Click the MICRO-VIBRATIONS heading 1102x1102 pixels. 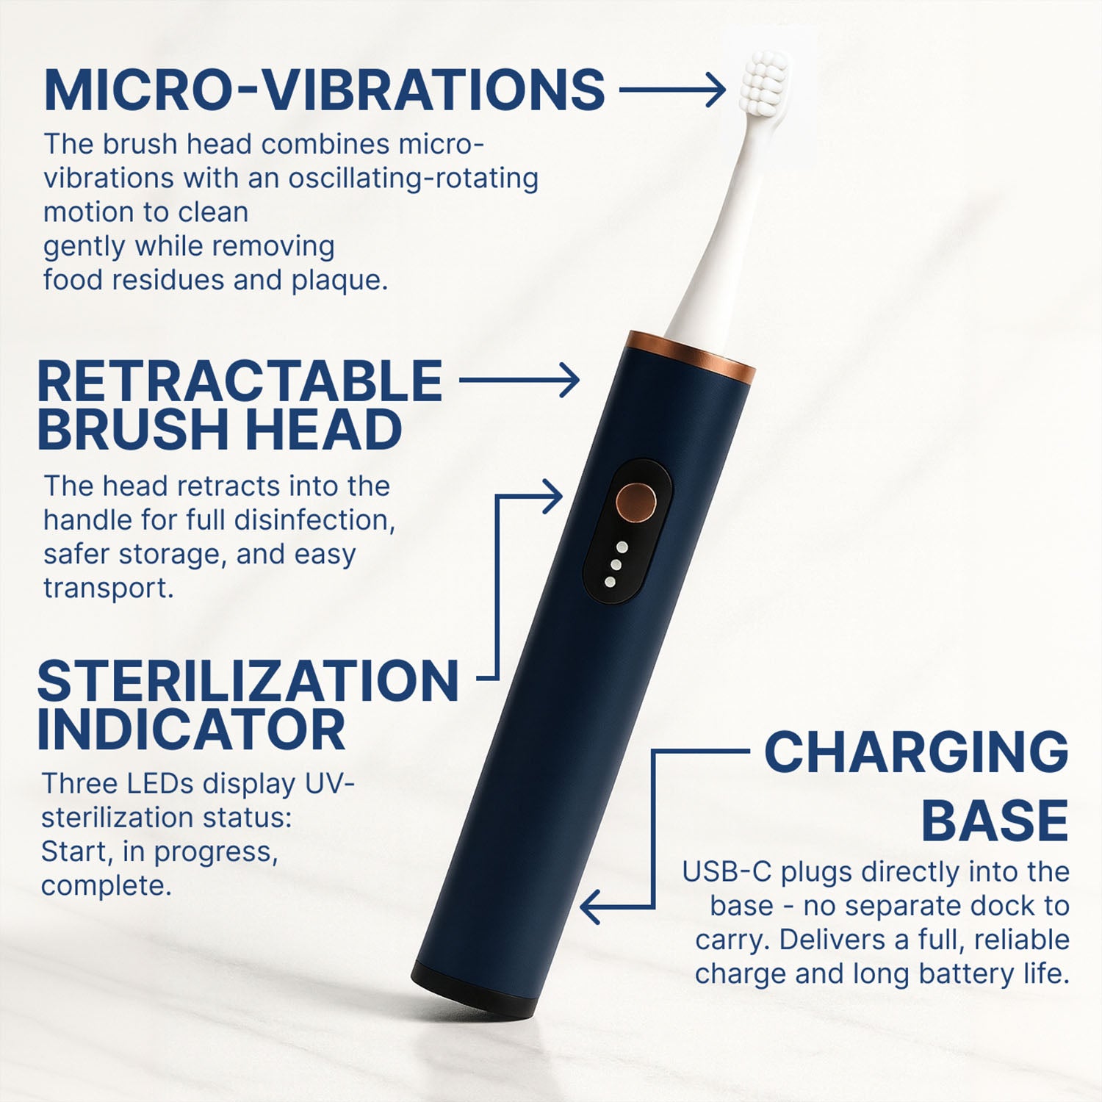(324, 90)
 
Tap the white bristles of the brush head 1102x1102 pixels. (766, 76)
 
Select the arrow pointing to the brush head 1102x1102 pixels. (672, 90)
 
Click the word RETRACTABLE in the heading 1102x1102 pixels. (240, 381)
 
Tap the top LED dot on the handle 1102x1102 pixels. (622, 547)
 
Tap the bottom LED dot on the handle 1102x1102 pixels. (610, 582)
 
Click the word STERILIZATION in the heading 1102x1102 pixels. (248, 681)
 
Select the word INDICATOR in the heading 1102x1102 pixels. (191, 730)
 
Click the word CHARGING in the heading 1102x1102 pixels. (917, 752)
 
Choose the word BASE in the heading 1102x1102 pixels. (995, 820)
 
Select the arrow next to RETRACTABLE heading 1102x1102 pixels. (519, 381)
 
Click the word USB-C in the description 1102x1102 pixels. (727, 872)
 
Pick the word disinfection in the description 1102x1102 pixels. (315, 520)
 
